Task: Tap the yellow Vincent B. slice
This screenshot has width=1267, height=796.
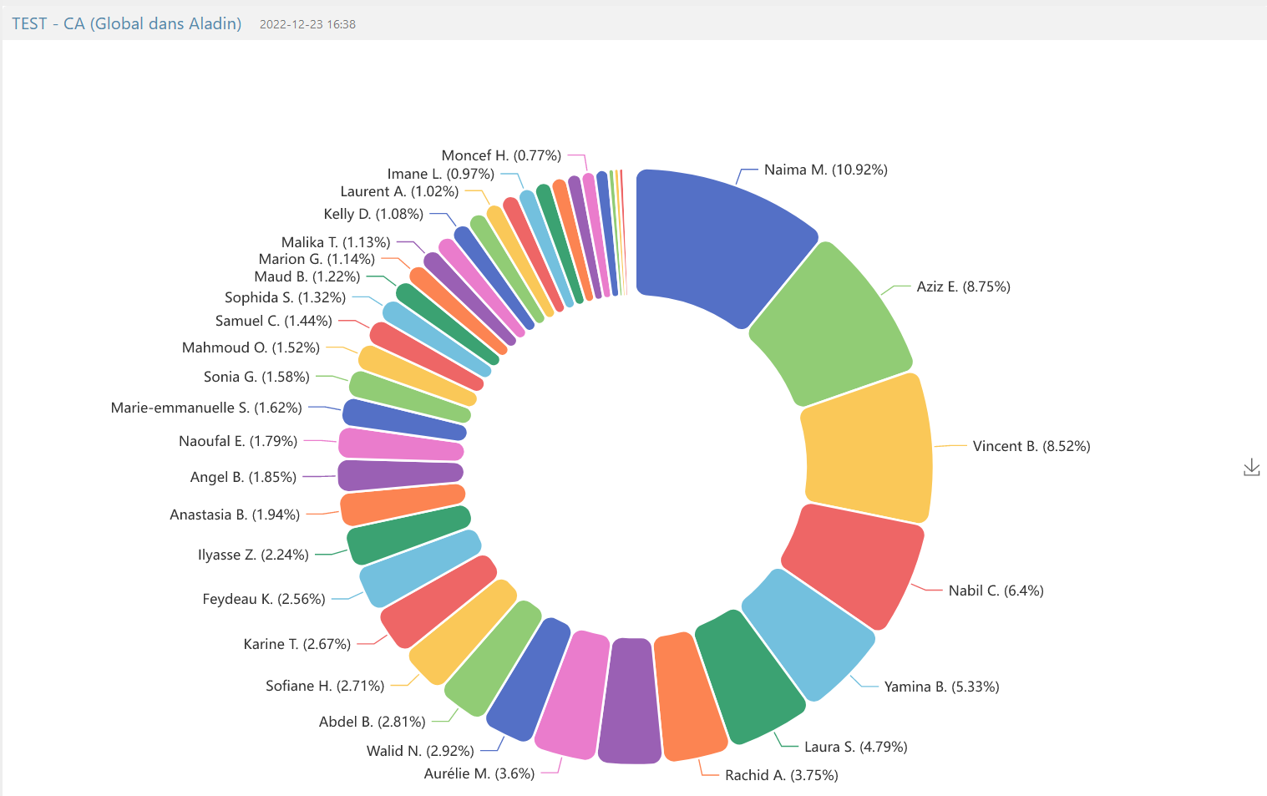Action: [869, 447]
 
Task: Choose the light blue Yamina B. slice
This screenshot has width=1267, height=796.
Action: [806, 635]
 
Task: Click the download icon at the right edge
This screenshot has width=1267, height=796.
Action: [1251, 468]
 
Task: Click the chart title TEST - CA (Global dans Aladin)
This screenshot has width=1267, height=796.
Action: [127, 23]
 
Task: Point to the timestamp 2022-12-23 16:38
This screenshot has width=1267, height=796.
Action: [307, 24]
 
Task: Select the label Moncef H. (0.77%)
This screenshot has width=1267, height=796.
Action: [501, 155]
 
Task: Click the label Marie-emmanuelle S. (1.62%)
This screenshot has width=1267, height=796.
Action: [206, 408]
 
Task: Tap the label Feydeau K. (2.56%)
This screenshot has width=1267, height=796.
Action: [264, 599]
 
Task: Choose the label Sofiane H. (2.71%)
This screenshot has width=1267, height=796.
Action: [325, 686]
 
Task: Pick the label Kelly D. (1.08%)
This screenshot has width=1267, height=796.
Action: [373, 214]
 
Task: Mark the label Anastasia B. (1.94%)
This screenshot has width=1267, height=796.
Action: [235, 515]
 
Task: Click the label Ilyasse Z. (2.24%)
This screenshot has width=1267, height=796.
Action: [253, 555]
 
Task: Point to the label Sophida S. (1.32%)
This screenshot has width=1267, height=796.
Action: [285, 297]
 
